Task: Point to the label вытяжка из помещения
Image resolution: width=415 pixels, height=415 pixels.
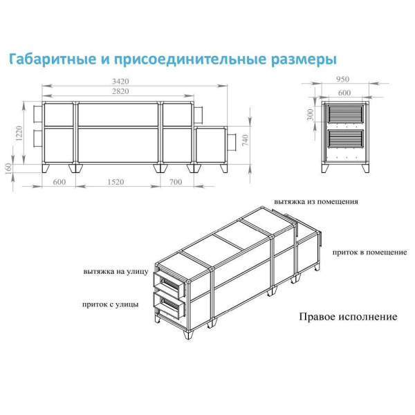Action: [x=315, y=202]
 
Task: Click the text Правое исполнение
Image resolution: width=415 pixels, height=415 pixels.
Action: [x=348, y=317]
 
